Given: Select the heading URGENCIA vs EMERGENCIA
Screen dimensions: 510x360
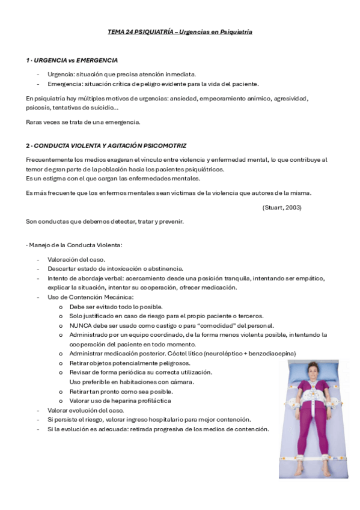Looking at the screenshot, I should click(x=75, y=61).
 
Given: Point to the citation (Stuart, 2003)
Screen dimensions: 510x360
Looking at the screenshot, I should click(x=282, y=207).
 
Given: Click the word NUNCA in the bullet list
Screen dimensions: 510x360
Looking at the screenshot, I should click(x=79, y=325).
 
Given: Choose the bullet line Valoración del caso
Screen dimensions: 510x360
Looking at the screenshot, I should click(x=76, y=259).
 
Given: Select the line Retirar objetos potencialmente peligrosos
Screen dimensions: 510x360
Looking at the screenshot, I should click(x=130, y=363).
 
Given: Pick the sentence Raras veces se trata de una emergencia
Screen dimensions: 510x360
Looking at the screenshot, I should click(x=83, y=122).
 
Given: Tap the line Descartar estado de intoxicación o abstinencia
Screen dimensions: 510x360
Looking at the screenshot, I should click(x=115, y=268).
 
